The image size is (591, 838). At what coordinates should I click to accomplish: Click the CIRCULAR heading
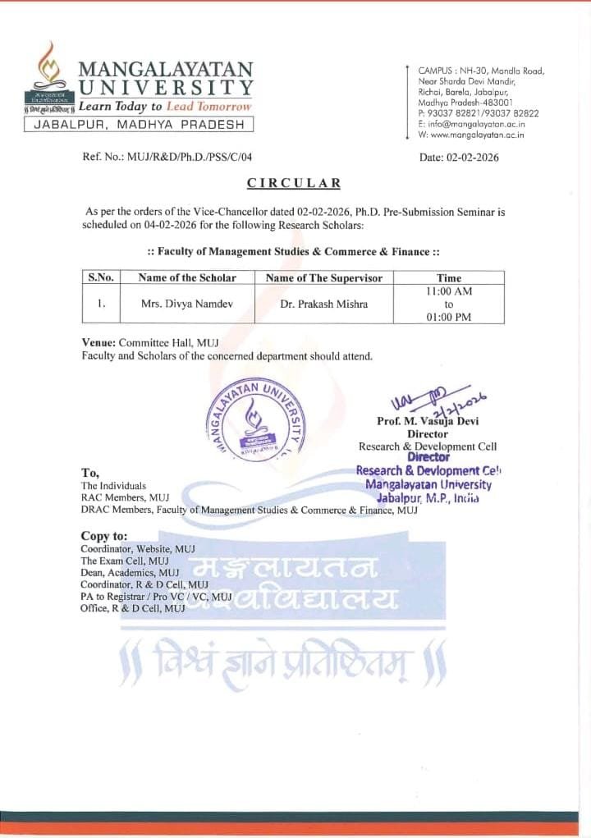click(294, 183)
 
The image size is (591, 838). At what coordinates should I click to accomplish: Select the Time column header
click(448, 277)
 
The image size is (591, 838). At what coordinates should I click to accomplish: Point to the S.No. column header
click(100, 277)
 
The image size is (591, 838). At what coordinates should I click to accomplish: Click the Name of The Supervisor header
click(323, 277)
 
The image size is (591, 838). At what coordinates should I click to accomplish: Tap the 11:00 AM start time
click(448, 291)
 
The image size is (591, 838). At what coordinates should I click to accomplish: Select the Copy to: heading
click(104, 536)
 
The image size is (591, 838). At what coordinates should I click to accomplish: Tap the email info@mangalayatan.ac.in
click(478, 123)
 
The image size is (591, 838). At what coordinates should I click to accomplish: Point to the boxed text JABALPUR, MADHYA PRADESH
click(139, 124)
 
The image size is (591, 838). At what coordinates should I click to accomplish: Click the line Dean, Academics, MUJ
click(130, 572)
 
